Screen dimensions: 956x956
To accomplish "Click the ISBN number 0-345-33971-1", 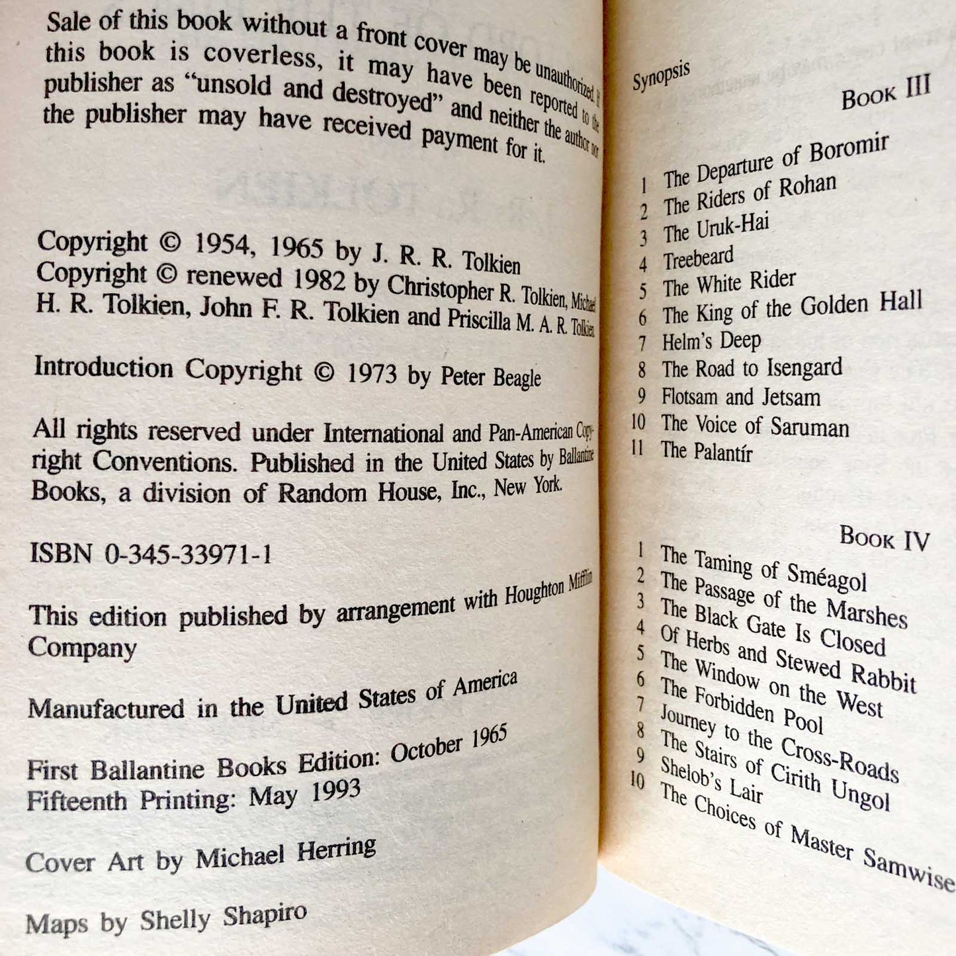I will click(188, 553).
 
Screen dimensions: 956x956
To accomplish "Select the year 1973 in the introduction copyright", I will click(372, 374).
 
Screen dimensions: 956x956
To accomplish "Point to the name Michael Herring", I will click(286, 853).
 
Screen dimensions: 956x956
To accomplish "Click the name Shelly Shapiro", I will click(223, 918).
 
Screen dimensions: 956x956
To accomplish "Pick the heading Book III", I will click(886, 93).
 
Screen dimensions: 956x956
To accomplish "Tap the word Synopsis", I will click(661, 77).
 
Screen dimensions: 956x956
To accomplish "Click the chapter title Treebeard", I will click(699, 257).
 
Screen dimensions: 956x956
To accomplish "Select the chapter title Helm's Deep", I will click(711, 341).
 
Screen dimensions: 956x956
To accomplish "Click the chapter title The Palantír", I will click(707, 451).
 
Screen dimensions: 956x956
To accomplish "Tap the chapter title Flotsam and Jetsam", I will click(741, 397).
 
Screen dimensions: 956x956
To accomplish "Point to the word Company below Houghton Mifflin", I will click(82, 647).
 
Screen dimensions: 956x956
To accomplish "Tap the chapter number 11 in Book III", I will click(638, 449).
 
